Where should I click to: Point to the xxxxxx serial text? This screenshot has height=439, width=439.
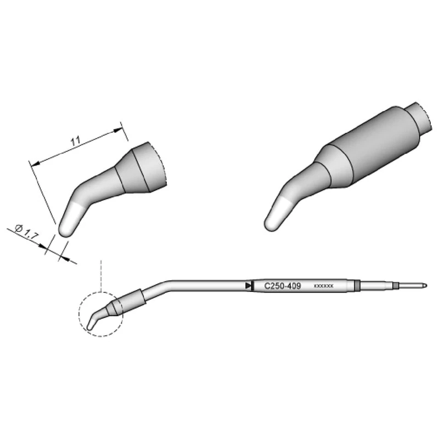323,286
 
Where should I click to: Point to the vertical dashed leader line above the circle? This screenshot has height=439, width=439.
101,274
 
